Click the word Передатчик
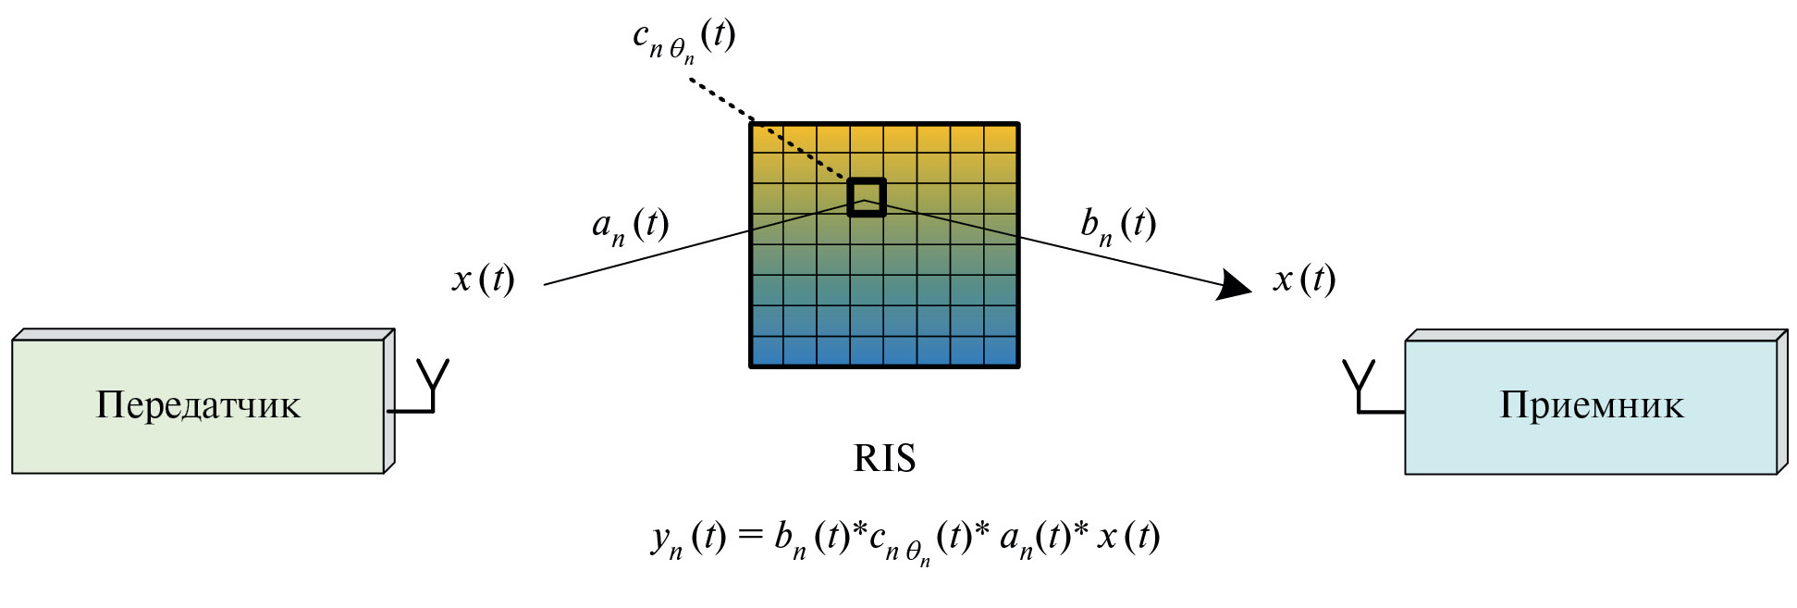pyautogui.click(x=198, y=405)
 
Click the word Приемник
pyautogui.click(x=1591, y=405)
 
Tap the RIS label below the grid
pyautogui.click(x=884, y=458)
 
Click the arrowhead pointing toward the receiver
pyautogui.click(x=1234, y=284)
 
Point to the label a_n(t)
pyautogui.click(x=630, y=225)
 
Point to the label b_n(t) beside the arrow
pyautogui.click(x=1118, y=225)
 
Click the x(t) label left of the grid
pyautogui.click(x=483, y=279)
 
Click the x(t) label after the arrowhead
pyautogui.click(x=1304, y=279)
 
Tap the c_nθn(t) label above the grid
pyautogui.click(x=683, y=39)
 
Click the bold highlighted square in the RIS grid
pyautogui.click(x=867, y=197)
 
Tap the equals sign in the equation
pyautogui.click(x=750, y=536)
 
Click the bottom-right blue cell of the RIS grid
pyautogui.click(x=1001, y=351)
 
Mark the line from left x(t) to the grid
pyautogui.click(x=647, y=257)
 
